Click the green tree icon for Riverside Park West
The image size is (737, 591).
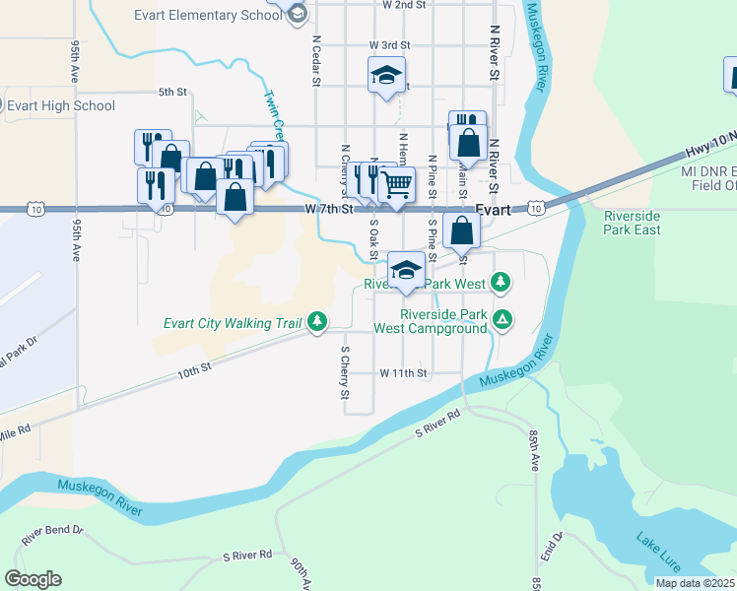coord(502,284)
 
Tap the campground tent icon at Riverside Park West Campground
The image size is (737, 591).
coord(502,318)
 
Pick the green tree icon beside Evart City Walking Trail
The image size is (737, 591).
coord(316,320)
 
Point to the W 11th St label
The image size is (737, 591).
coord(403,373)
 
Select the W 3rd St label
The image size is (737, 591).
coord(389,45)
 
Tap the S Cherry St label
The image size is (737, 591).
coord(345,373)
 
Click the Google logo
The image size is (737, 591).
coord(33,579)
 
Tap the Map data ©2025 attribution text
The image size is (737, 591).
coord(695,583)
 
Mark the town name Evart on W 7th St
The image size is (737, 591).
coord(492,209)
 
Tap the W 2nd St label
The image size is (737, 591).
coord(404,5)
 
